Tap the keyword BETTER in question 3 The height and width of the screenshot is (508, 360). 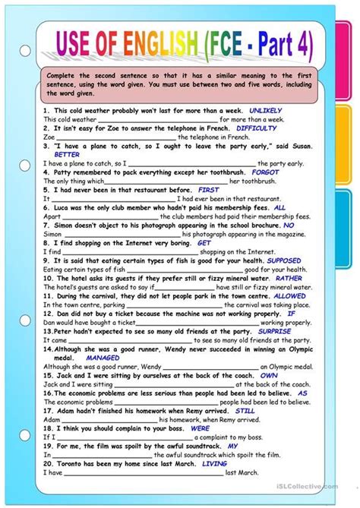click(56, 154)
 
